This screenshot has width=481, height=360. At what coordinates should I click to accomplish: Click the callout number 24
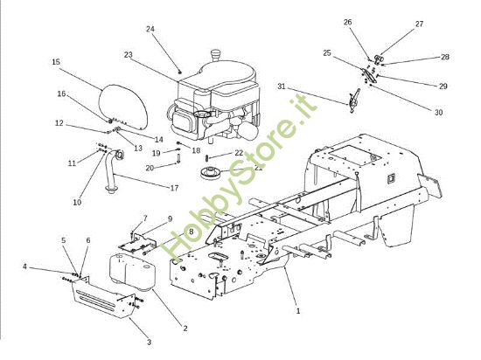click(x=150, y=29)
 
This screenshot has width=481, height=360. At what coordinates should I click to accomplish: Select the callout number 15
click(x=56, y=62)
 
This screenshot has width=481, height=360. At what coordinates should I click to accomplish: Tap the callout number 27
click(x=419, y=24)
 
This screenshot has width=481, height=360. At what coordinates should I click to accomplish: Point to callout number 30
click(x=439, y=113)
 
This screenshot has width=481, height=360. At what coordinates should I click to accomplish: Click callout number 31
click(x=282, y=87)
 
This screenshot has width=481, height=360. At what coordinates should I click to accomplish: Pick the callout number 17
click(x=174, y=188)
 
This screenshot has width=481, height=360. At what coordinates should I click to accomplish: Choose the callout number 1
click(x=298, y=311)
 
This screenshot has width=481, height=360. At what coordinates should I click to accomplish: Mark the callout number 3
click(x=149, y=342)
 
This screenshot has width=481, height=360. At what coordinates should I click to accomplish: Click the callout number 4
click(x=24, y=267)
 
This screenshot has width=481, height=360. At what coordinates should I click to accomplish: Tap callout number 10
click(x=77, y=202)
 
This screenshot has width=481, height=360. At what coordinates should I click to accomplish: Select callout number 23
click(x=129, y=55)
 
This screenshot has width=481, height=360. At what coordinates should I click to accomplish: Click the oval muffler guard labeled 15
click(x=123, y=107)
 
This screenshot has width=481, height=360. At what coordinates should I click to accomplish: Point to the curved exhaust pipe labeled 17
click(x=113, y=171)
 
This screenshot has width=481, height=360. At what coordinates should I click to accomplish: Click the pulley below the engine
click(x=211, y=172)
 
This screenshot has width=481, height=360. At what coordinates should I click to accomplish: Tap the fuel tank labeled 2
click(x=132, y=272)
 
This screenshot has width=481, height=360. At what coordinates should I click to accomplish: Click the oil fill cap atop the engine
click(x=216, y=55)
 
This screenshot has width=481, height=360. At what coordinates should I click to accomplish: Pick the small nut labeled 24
click(x=180, y=72)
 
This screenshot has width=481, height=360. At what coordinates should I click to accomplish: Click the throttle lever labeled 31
click(x=353, y=100)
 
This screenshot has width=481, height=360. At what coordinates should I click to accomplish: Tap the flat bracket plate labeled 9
click(x=136, y=244)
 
